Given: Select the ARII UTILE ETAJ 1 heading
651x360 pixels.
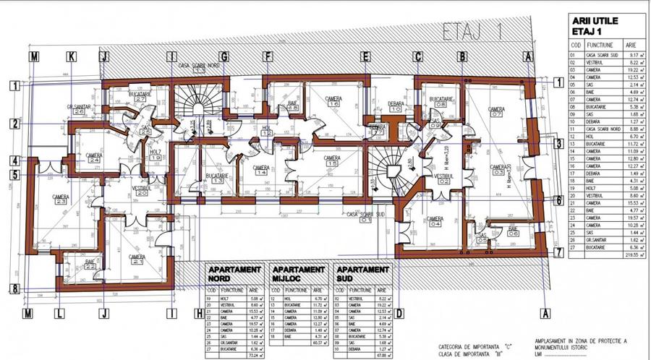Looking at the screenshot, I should coord(594,27).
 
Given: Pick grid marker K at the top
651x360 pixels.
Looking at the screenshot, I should coord(71,56).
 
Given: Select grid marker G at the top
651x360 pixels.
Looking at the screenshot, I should coord(224,56).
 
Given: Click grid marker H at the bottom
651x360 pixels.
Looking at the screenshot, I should coord(199,313).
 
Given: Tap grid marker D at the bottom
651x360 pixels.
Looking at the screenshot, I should coord(399,313).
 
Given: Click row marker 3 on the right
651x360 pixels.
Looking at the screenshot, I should coord(558,144).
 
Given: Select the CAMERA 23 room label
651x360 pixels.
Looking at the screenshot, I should coord(59,200).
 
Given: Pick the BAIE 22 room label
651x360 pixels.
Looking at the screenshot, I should coord(90,265).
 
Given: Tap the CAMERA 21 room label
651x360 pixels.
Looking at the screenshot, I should coord(137,259).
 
